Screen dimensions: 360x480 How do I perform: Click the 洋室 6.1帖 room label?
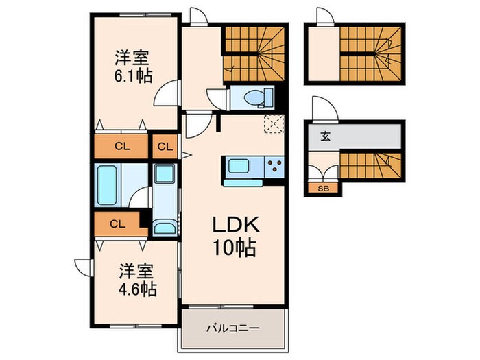[134, 64]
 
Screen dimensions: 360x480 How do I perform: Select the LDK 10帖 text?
[233, 235]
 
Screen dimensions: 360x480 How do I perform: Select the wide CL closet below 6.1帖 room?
[121, 146]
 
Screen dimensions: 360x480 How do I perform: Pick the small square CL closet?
[165, 146]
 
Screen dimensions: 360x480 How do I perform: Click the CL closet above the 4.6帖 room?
[117, 223]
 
